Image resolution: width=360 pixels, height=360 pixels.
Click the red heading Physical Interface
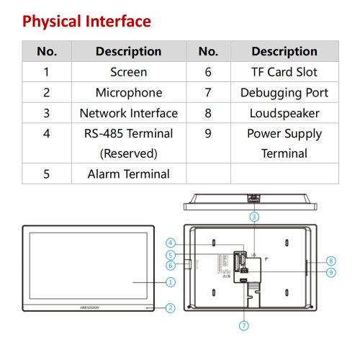[x=86, y=22]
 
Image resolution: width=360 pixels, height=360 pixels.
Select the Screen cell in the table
[x=129, y=72]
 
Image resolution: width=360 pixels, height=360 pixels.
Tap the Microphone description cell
[x=129, y=92]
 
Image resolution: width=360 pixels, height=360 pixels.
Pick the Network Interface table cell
[x=129, y=113]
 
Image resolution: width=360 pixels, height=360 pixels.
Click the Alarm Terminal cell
[x=129, y=174]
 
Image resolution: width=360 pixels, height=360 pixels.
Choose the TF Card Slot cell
[x=284, y=72]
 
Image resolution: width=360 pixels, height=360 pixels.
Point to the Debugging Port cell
[x=284, y=92]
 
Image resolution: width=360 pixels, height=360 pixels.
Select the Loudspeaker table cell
[x=284, y=113]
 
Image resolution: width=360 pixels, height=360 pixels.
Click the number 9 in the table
[x=208, y=133]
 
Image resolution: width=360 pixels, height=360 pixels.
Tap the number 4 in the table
[x=47, y=133]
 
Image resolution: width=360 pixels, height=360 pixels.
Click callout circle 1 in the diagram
[x=171, y=282]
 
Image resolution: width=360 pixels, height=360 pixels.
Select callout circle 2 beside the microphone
[x=171, y=308]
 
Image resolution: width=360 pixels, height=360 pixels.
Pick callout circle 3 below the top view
[x=254, y=217]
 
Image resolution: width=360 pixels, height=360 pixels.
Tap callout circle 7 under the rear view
[x=244, y=325]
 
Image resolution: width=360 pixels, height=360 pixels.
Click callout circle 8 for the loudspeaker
[x=331, y=261]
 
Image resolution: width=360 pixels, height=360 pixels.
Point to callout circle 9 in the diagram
[x=331, y=272]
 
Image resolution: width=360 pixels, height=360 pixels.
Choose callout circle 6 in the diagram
[x=171, y=266]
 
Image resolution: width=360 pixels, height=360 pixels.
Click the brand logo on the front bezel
[x=89, y=307]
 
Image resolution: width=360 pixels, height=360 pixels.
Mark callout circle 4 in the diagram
[x=171, y=243]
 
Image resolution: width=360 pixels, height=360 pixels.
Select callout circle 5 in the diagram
[x=171, y=255]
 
